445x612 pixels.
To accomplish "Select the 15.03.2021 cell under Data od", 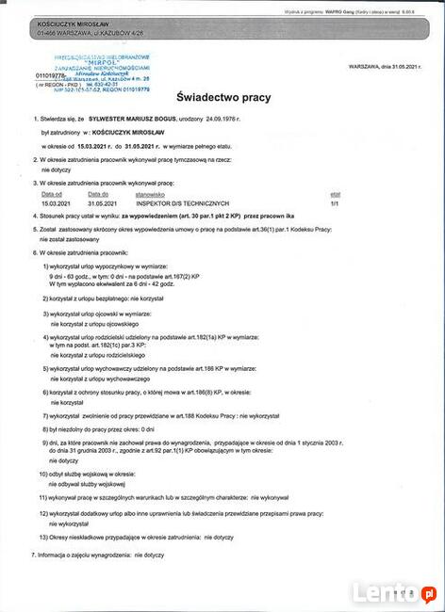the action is (x=55, y=202).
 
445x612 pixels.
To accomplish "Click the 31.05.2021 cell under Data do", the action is (x=101, y=202).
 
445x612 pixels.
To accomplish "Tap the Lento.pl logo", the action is (x=394, y=592).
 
